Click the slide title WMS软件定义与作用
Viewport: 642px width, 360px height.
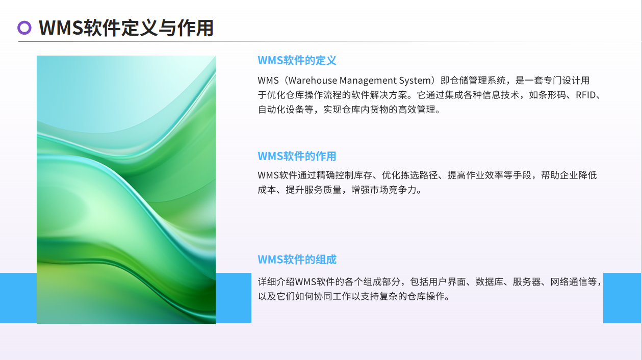pyautogui.click(x=126, y=28)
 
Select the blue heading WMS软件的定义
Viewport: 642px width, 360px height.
pyautogui.click(x=297, y=61)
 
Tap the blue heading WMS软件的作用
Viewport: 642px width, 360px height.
pyautogui.click(x=297, y=156)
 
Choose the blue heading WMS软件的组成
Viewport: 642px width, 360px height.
pyautogui.click(x=297, y=260)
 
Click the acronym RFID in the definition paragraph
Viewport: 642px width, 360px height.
pyautogui.click(x=586, y=95)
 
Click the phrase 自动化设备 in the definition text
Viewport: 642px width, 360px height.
pyautogui.click(x=281, y=110)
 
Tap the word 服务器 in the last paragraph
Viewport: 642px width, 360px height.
pyautogui.click(x=527, y=282)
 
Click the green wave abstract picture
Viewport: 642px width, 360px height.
pyautogui.click(x=126, y=190)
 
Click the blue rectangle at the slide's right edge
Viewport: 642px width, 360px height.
pyautogui.click(x=622, y=298)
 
